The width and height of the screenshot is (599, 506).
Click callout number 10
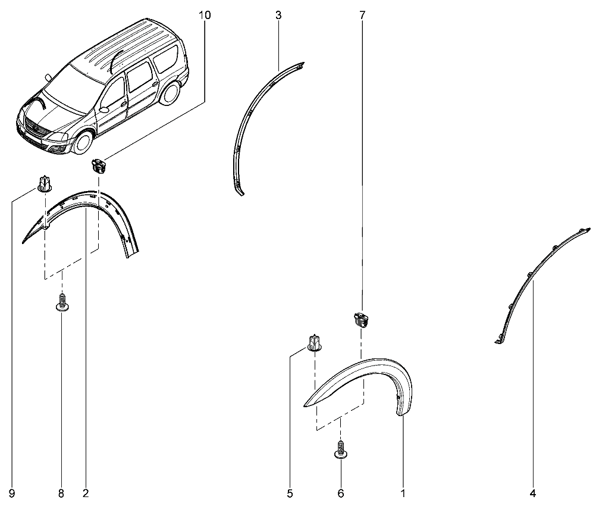tap(205, 15)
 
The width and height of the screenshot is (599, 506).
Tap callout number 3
tap(278, 15)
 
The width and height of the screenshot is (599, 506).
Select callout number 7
tap(362, 15)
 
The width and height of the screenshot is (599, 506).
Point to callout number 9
tap(12, 493)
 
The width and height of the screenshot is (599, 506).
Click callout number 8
tap(61, 493)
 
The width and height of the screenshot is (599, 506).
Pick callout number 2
tap(86, 493)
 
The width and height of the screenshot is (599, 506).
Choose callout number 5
tap(290, 493)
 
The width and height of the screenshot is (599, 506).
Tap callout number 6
tap(341, 493)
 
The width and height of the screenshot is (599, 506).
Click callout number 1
tap(403, 493)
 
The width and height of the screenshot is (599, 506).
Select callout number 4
tap(533, 493)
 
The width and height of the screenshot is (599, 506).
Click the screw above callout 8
tap(62, 302)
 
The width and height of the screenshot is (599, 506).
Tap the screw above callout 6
tap(341, 450)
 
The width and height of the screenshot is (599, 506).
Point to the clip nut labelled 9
tap(45, 183)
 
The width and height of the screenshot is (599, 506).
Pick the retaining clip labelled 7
tap(361, 319)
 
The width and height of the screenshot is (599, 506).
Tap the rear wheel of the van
tap(170, 93)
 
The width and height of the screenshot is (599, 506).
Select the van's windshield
tap(71, 90)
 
